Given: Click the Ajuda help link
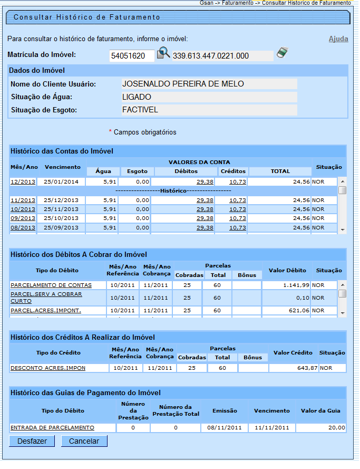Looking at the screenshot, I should tap(338, 39).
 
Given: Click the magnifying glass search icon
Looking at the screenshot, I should tap(163, 53).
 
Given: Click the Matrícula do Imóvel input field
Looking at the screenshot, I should tap(132, 56).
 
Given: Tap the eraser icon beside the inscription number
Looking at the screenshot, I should tap(283, 53).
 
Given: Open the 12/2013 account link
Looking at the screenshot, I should tap(23, 181).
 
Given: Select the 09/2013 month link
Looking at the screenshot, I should tap(23, 218).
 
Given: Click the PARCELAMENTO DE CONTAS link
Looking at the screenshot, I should tap(51, 285).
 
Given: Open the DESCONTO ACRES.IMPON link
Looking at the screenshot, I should tap(48, 368).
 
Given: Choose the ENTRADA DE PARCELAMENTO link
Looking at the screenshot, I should tap(52, 427).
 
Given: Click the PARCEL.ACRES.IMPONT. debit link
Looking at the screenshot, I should tap(46, 310).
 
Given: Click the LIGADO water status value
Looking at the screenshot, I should tap(137, 97).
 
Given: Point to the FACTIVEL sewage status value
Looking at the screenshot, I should tap(140, 110).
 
